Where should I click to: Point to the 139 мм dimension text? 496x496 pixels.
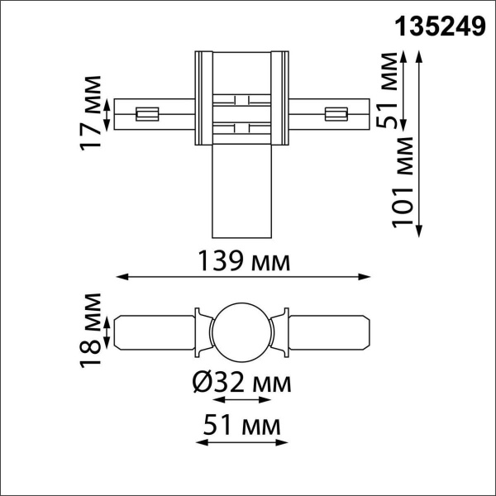pyautogui.click(x=244, y=262)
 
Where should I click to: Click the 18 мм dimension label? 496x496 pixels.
pyautogui.click(x=93, y=330)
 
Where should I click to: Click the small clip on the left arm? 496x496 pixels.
pyautogui.click(x=148, y=113)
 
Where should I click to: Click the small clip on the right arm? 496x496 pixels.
pyautogui.click(x=336, y=113)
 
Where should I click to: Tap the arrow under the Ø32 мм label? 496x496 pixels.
pyautogui.click(x=241, y=400)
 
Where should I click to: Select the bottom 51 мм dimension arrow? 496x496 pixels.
pyautogui.click(x=241, y=444)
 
